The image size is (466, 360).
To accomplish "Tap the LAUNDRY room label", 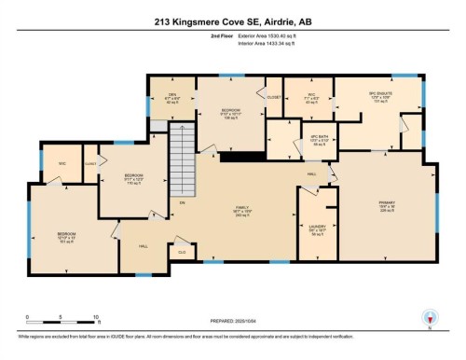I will (316, 228).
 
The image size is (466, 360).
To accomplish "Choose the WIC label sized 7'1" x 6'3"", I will (314, 96).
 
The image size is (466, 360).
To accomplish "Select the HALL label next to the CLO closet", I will (144, 246).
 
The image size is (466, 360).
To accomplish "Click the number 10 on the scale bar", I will (96, 317).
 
